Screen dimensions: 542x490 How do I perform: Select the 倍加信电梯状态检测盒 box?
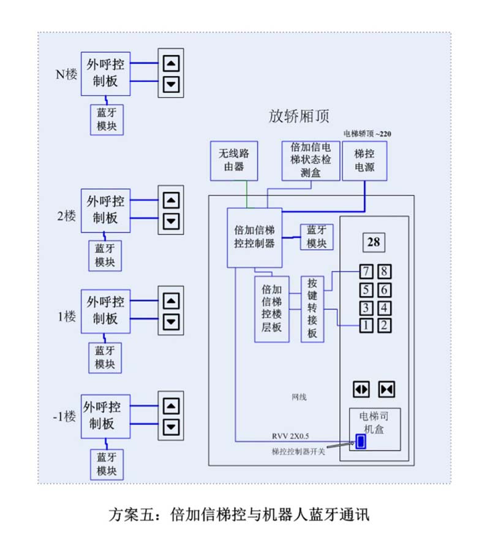click(311, 160)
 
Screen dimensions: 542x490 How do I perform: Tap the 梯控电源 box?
click(364, 161)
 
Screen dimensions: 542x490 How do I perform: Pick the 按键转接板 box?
click(312, 308)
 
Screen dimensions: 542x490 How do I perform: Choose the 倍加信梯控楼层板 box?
click(271, 309)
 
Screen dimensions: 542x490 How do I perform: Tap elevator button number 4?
click(384, 308)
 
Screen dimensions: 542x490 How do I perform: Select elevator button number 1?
click(365, 326)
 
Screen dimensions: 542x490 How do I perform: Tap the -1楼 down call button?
click(171, 427)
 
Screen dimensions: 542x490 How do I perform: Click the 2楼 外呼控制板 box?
click(105, 210)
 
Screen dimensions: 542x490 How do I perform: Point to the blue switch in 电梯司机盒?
click(361, 441)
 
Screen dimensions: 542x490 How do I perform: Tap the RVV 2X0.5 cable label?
click(291, 436)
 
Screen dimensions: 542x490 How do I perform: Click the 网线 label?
click(299, 397)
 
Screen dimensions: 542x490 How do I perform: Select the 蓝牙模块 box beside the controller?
click(317, 237)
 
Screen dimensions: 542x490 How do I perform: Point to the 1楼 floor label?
click(66, 317)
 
